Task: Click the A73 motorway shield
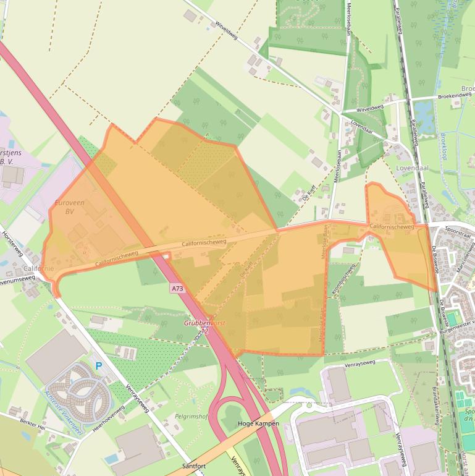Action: [178, 289]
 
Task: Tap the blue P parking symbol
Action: [98, 367]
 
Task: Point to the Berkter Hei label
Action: [32, 427]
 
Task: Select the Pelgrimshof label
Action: [193, 417]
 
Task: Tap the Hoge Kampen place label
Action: [258, 424]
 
